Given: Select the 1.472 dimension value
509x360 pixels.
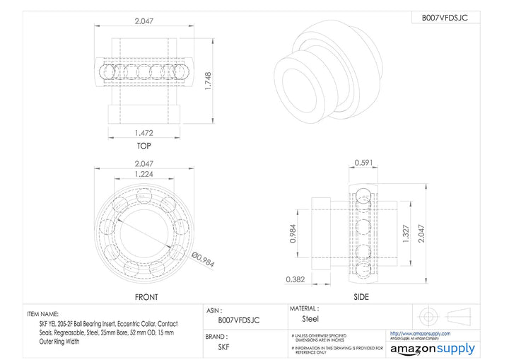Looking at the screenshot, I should pyautogui.click(x=144, y=132).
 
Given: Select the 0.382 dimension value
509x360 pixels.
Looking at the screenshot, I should pyautogui.click(x=296, y=279).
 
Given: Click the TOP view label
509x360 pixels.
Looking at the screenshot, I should pyautogui.click(x=144, y=146).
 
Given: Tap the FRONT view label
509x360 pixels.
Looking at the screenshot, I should pyautogui.click(x=146, y=297).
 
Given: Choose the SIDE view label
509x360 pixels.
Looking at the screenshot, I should pyautogui.click(x=360, y=297).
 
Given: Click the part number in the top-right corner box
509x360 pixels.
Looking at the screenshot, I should pyautogui.click(x=445, y=18).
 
